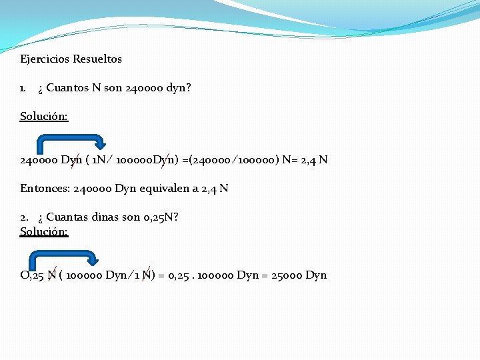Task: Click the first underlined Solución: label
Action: (44, 116)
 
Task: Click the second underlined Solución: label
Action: (44, 231)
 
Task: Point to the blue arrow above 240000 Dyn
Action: (70, 142)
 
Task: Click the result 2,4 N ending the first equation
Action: (314, 160)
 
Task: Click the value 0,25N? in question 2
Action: (161, 217)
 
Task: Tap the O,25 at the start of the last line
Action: (32, 275)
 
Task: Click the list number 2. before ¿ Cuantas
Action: (24, 217)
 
